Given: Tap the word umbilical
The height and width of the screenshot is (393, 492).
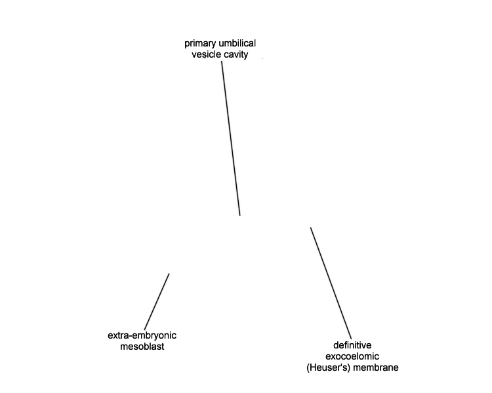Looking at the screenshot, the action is [x=237, y=43].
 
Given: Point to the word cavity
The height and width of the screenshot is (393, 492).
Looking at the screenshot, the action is [x=236, y=55].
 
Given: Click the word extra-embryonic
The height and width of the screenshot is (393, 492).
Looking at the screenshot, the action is [x=142, y=335].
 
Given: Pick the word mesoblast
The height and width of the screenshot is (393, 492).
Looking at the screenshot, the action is [x=142, y=346].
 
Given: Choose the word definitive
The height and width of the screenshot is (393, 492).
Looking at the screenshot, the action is [x=352, y=345].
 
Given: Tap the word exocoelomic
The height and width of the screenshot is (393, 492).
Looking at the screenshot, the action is [x=352, y=356].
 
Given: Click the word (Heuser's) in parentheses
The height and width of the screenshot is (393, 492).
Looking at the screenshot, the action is [x=328, y=367].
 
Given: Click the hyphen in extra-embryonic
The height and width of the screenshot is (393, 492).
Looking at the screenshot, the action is [x=133, y=336].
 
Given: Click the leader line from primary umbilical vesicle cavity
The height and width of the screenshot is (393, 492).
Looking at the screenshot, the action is [x=231, y=138].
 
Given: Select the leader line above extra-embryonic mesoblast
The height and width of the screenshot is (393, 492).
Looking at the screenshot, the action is [x=157, y=301].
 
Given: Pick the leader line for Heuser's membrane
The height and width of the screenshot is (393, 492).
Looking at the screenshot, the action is [x=331, y=284].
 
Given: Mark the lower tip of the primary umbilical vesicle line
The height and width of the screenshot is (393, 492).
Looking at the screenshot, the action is [x=240, y=215].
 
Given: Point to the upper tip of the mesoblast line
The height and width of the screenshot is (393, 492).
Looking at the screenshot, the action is [x=169, y=274].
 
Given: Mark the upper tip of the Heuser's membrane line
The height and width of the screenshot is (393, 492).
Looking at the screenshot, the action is [x=311, y=228].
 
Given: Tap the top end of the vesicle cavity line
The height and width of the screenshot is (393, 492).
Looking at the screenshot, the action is [x=222, y=61].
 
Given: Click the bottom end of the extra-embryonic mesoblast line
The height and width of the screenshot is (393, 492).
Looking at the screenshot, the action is [x=145, y=329].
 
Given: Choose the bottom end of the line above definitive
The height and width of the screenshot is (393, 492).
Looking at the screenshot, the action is [x=351, y=339].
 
